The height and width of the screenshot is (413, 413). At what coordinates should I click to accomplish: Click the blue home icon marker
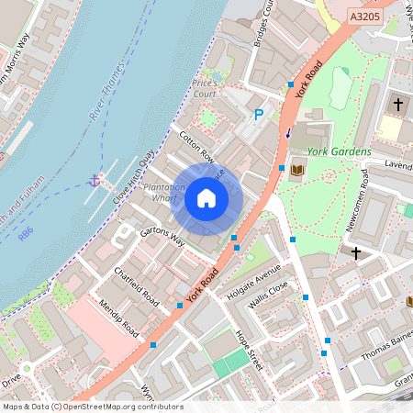[206, 198]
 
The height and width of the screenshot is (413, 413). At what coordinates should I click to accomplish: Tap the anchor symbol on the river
[94, 179]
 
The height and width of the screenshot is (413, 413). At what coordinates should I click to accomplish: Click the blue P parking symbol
[259, 115]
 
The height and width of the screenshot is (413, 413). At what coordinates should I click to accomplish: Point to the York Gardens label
[340, 151]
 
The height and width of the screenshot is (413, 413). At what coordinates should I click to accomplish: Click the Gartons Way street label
[162, 237]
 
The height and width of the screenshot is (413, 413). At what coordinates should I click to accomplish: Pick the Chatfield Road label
[137, 287]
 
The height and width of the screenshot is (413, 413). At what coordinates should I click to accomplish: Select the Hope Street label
[248, 349]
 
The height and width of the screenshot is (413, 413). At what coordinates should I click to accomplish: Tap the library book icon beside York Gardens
[296, 170]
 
